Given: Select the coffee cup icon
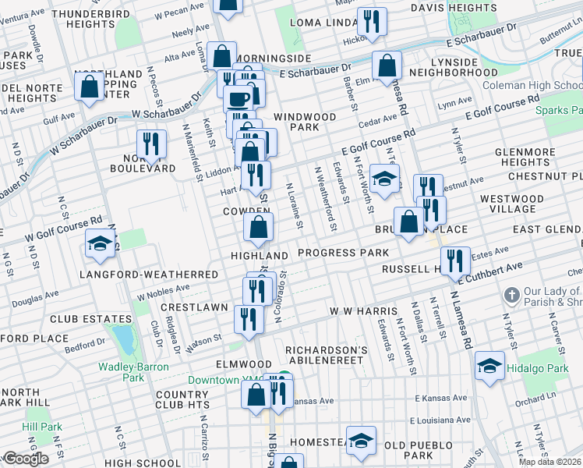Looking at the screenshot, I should (x=238, y=99).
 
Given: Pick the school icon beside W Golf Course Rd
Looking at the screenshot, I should (x=100, y=245).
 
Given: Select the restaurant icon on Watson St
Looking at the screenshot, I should (x=249, y=319).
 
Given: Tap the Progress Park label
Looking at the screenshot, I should (x=343, y=253).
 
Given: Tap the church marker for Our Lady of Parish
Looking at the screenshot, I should (x=511, y=296).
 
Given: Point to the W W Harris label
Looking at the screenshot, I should (x=360, y=310).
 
